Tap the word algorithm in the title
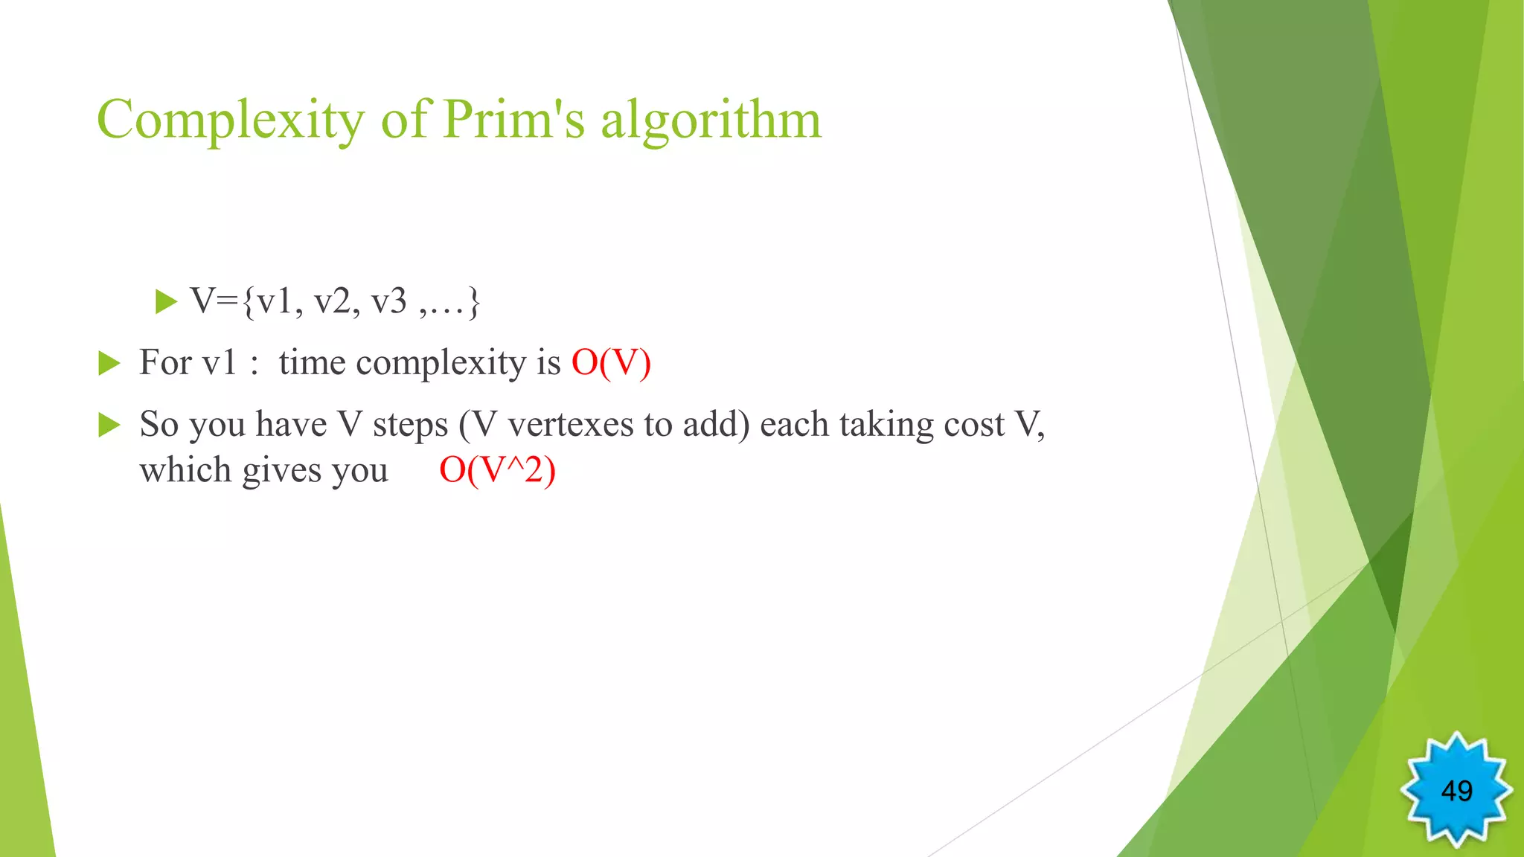711,121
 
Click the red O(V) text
611,363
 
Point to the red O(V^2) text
497,470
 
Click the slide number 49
1456,790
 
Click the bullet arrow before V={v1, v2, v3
166,302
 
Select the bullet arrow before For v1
109,364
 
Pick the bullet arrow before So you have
109,425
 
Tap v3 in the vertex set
389,302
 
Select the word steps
410,426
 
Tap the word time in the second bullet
312,363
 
